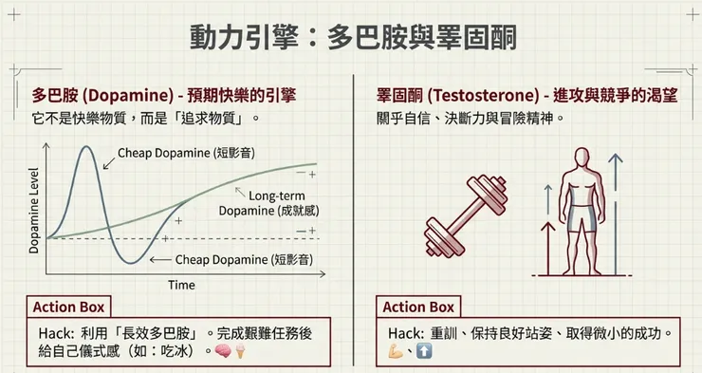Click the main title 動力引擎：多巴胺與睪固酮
(x=350, y=39)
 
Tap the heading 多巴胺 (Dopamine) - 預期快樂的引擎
(x=163, y=95)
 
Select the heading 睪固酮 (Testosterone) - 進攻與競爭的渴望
(x=528, y=95)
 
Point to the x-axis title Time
(x=181, y=285)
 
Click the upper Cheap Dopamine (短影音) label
(x=186, y=153)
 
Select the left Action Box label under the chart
(x=69, y=307)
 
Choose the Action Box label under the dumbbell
(x=417, y=307)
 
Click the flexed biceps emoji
(x=397, y=352)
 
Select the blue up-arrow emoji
(x=424, y=352)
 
